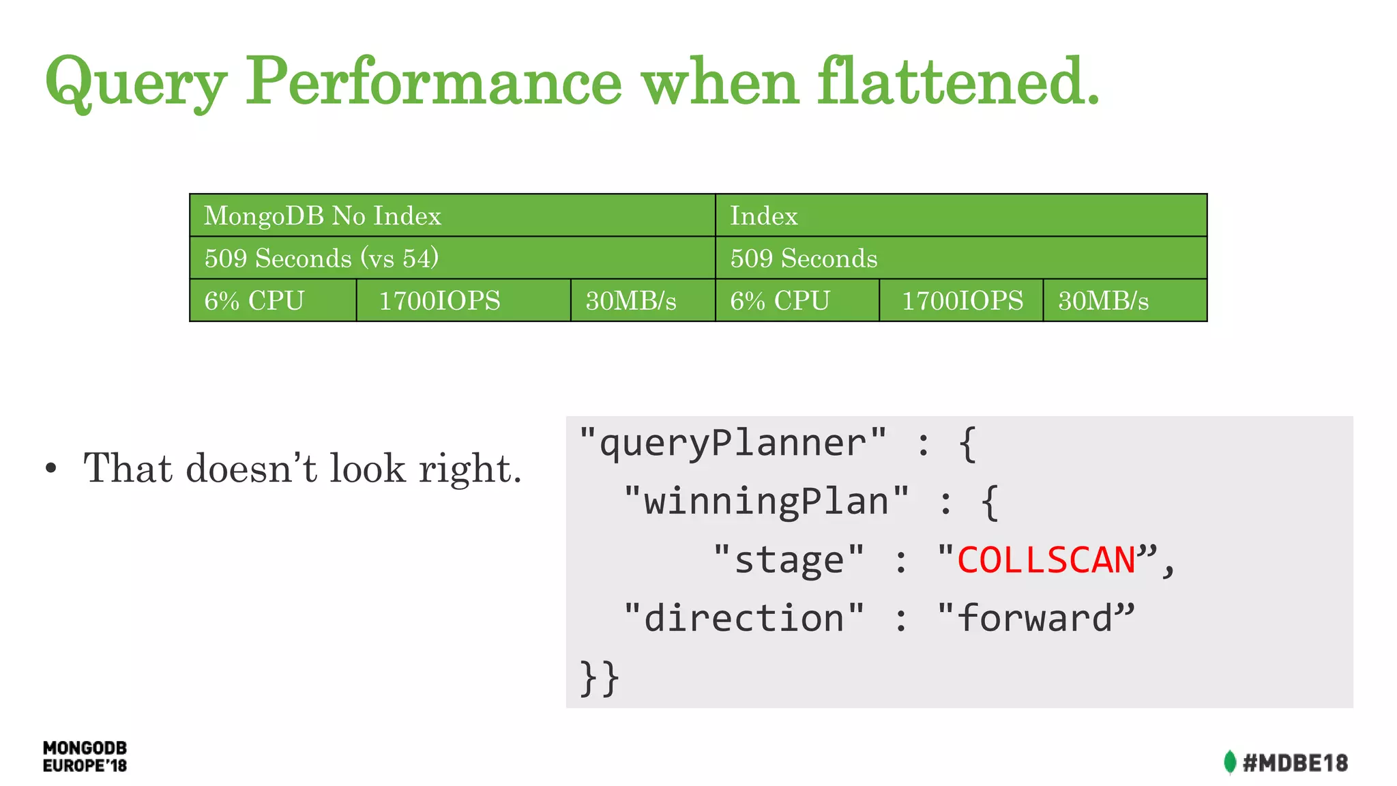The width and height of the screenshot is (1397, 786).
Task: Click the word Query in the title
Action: click(135, 83)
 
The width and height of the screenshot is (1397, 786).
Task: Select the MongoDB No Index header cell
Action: click(452, 216)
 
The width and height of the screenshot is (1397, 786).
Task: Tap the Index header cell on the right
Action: click(960, 216)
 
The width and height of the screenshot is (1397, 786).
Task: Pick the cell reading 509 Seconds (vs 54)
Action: click(452, 258)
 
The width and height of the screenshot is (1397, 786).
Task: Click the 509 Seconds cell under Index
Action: click(960, 258)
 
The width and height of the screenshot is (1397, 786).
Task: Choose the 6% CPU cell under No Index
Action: click(273, 300)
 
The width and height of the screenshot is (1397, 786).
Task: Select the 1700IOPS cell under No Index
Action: click(462, 300)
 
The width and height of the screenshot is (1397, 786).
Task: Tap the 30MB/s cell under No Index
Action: click(642, 300)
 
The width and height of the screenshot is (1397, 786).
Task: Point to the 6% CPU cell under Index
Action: click(797, 300)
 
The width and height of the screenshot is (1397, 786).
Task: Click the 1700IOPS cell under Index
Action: click(961, 300)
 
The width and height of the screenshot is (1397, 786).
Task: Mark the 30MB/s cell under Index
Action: click(1124, 300)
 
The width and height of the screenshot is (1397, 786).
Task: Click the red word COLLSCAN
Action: click(1045, 560)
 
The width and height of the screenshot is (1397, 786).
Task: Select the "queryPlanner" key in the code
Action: click(733, 443)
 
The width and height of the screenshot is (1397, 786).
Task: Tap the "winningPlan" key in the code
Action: click(766, 501)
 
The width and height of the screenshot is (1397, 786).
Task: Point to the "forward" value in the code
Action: click(1035, 618)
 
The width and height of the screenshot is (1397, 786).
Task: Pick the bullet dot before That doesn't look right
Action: click(51, 469)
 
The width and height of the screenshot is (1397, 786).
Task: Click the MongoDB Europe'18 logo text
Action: click(85, 757)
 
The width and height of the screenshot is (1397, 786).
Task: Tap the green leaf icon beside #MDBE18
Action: click(1229, 762)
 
